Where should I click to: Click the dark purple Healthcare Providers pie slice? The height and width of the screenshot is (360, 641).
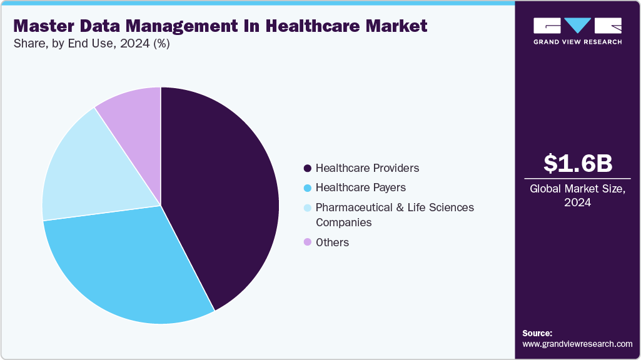point(225,194)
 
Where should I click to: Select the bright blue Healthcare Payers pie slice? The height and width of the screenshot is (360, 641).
point(131,269)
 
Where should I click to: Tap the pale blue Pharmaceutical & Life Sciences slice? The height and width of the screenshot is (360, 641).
point(88,169)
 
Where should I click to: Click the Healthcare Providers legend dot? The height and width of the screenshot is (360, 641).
point(307,168)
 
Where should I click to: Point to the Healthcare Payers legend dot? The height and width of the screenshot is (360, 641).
point(307,187)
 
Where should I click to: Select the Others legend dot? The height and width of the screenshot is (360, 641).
point(307,242)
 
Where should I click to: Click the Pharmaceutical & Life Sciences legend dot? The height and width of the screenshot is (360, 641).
point(307,207)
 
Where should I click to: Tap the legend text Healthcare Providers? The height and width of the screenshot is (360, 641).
point(367,168)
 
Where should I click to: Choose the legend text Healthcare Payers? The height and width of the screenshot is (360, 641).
point(360,187)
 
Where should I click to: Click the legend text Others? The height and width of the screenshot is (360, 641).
point(332,242)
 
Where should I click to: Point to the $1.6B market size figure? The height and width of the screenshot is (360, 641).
point(577,163)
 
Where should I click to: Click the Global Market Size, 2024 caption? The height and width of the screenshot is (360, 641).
point(577,195)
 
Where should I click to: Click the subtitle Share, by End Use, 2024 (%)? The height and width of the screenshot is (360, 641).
point(91,44)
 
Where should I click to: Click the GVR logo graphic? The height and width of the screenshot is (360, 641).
point(577,26)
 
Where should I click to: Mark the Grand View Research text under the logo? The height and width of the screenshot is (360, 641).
point(577,42)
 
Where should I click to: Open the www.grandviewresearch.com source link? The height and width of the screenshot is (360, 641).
point(577,344)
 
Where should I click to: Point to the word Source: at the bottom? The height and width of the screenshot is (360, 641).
point(537,333)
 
